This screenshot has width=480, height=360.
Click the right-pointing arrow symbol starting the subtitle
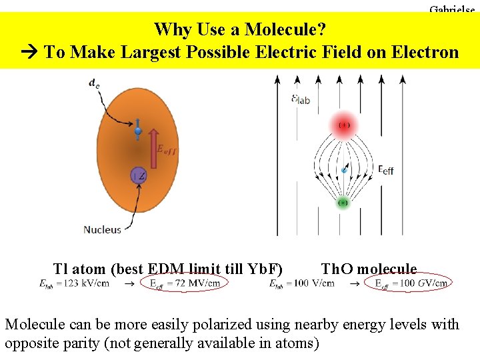[x=30, y=52]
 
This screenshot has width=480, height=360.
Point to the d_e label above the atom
[x=95, y=83]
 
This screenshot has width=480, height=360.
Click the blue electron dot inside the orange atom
[x=138, y=131]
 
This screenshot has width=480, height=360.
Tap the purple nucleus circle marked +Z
[x=138, y=176]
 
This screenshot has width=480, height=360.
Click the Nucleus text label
[x=102, y=229]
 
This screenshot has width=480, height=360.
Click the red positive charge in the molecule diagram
[x=344, y=125]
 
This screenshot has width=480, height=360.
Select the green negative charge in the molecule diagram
[x=343, y=202]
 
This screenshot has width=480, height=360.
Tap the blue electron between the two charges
[x=344, y=171]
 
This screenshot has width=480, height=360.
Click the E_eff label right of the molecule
[x=386, y=170]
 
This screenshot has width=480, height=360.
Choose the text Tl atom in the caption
[x=78, y=269]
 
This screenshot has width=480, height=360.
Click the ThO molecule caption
[x=369, y=269]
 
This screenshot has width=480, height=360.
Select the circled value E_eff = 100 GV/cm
[x=411, y=283]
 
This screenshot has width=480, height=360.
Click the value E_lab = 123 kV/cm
[x=75, y=283]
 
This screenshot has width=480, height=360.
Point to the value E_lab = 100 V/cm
[x=301, y=283]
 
